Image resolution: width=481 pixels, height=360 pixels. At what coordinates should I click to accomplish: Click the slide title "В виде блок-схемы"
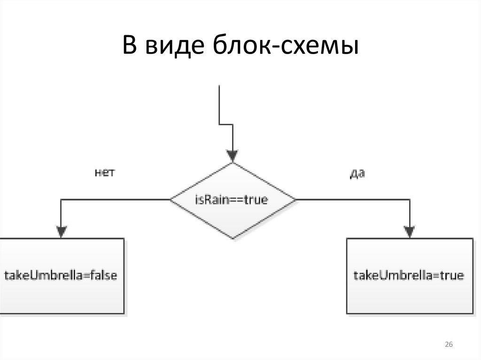coord(240,47)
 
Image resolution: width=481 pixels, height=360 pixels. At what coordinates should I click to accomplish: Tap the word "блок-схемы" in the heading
coord(284,47)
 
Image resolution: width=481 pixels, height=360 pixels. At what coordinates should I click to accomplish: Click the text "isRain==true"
coord(231,200)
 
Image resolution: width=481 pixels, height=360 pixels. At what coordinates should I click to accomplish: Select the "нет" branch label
coord(105,173)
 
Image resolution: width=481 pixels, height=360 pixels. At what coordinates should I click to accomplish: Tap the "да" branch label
coord(357,174)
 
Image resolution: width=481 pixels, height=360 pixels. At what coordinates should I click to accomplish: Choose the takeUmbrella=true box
coord(409,276)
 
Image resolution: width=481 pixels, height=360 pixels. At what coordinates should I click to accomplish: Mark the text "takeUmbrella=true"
coord(409,275)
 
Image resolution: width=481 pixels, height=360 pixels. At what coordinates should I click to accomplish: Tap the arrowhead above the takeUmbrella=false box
coord(62,231)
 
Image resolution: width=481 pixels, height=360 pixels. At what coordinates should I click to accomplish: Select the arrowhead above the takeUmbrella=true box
coord(410,231)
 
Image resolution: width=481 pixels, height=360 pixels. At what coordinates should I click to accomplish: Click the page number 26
coord(448,345)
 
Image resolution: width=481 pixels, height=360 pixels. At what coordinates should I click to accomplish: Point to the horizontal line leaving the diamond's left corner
coord(115,199)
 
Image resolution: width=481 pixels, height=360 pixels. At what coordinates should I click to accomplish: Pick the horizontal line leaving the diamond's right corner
coord(352,199)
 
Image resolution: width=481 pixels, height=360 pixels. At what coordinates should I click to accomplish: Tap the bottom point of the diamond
coord(233,237)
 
